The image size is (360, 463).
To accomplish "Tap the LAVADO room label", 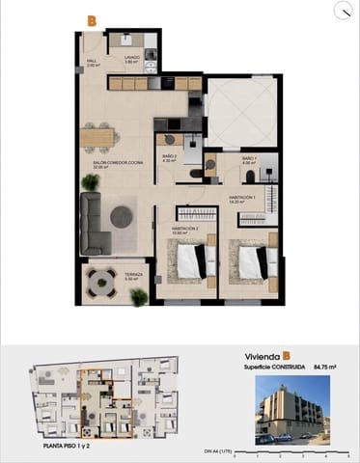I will coord(132,58).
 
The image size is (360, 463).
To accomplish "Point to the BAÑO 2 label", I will coord(168,158).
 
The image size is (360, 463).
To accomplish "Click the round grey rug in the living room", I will coord(122,217).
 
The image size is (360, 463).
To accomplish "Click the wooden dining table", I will coord(97,137).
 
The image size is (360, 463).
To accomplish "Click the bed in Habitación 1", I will coord(254,261).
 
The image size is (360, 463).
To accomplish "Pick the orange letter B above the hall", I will coord(92,20).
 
